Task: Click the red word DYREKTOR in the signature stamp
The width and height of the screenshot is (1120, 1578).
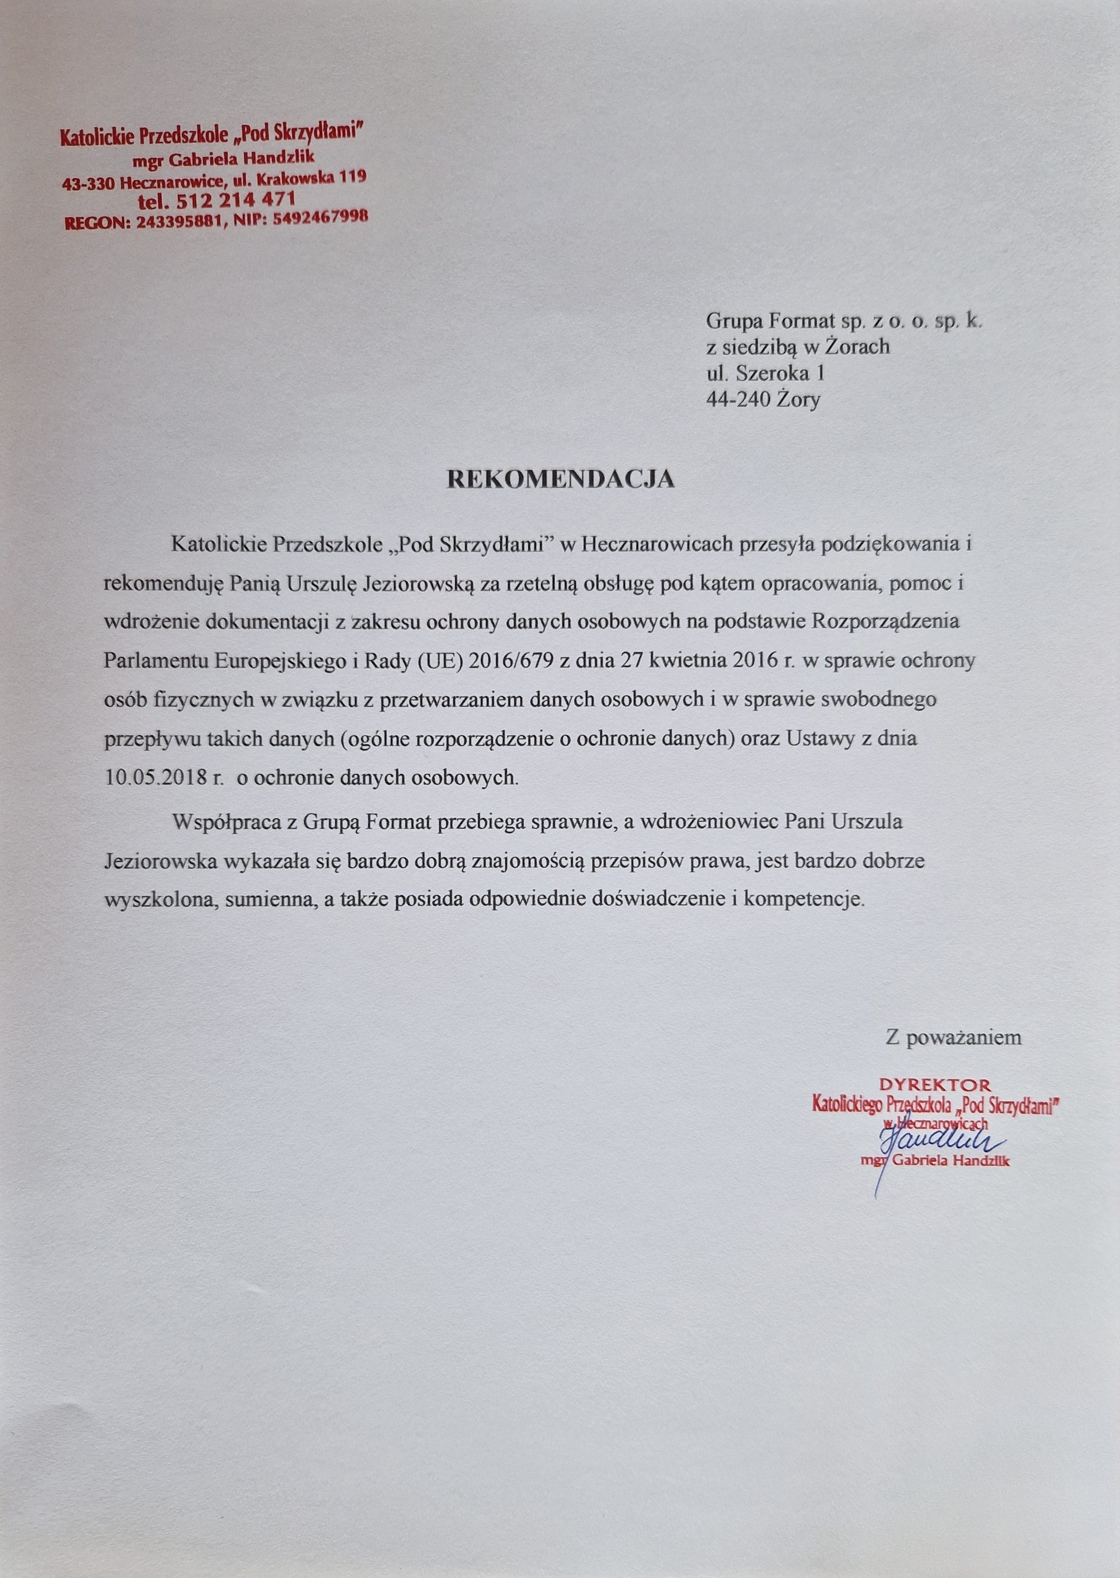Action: pyautogui.click(x=935, y=1085)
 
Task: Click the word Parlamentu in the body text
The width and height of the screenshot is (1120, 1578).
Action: pyautogui.click(x=156, y=661)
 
